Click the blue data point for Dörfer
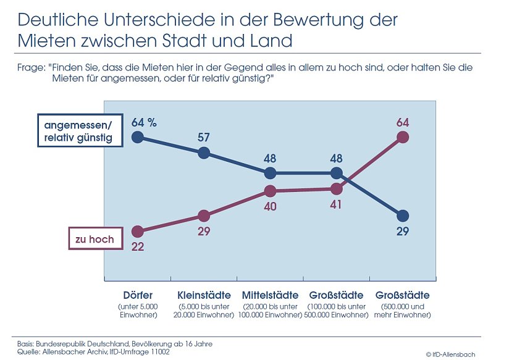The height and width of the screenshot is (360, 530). (x=138, y=137)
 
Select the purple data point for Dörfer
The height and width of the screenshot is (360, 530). (x=138, y=232)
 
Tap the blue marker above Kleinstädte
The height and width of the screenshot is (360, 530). (x=204, y=153)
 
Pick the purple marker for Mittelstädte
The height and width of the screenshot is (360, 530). (x=270, y=191)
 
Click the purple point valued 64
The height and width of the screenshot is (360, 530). (x=403, y=137)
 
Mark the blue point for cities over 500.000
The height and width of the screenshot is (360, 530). (x=403, y=216)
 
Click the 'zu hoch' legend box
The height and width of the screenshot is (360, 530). (x=95, y=239)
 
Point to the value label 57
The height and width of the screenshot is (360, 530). (x=204, y=136)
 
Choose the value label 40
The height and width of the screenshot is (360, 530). (x=270, y=207)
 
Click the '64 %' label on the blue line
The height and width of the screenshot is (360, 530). (x=144, y=122)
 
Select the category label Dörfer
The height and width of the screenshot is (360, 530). (x=138, y=295)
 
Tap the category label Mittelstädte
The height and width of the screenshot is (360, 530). (x=270, y=295)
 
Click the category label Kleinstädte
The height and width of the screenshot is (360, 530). (x=204, y=295)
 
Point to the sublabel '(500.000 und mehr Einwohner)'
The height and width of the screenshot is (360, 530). (x=402, y=311)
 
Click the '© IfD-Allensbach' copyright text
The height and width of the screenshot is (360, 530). (x=450, y=354)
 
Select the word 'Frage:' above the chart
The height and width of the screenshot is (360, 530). (x=32, y=68)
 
